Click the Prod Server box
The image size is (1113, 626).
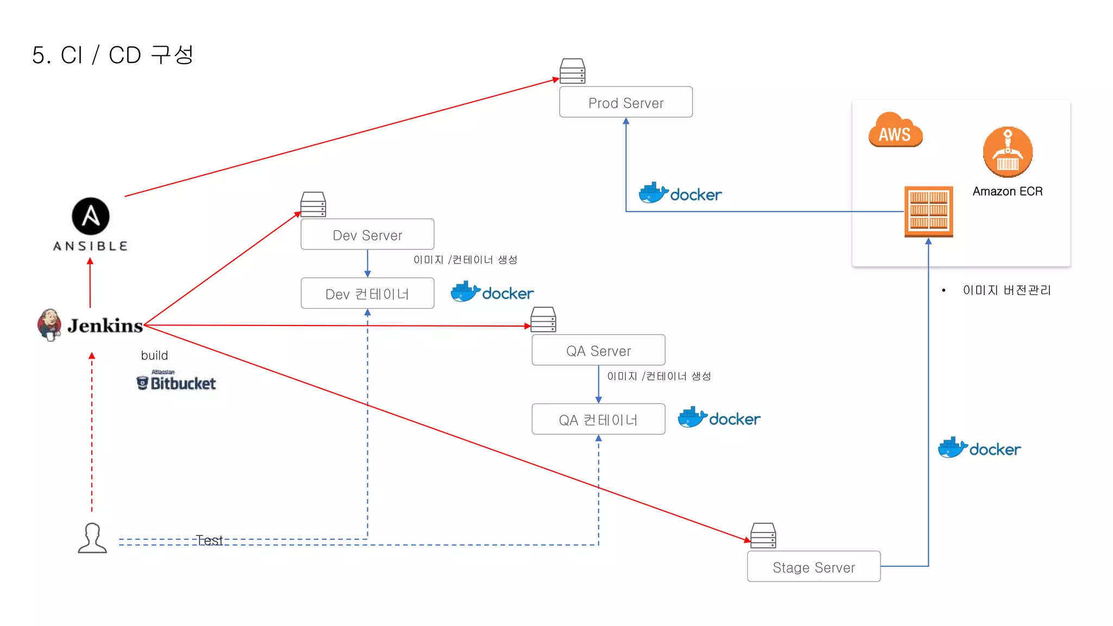coord(626,102)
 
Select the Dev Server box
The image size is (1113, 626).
coord(367,235)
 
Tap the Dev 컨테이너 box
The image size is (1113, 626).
coord(367,293)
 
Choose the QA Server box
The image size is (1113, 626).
coord(598,350)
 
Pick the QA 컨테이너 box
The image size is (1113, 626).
coord(598,420)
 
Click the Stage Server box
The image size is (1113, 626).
coord(814,567)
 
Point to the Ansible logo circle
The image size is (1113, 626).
coord(91,216)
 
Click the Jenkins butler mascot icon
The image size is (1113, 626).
coord(49,324)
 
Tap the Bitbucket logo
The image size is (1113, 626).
coord(176,382)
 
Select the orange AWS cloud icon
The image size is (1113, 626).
coord(895,131)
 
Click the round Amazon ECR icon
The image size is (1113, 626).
coord(1008,152)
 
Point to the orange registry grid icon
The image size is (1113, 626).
coord(928,211)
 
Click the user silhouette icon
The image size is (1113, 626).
coord(92,539)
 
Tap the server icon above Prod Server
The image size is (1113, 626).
coord(572,71)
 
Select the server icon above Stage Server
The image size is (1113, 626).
coord(763,536)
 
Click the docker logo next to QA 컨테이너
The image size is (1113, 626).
coord(719,418)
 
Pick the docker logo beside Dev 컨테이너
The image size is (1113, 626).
coord(492,292)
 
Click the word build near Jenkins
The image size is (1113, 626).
coord(154,355)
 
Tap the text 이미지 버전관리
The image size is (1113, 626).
coord(1006,290)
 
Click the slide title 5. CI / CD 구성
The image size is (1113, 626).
coord(112,55)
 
